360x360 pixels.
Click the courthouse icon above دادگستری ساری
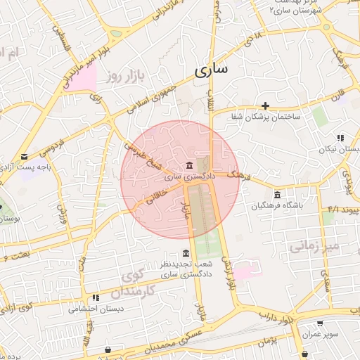188,165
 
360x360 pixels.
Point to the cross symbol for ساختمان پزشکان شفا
266,105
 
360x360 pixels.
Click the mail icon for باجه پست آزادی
25,157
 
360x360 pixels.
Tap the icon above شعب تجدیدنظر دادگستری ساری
186,253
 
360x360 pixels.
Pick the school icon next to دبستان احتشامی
96,297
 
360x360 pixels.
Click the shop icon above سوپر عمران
320,323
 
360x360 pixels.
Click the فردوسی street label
52,141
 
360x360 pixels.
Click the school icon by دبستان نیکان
340,138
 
